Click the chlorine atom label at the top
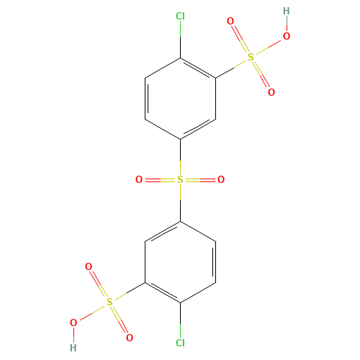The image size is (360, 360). point(180,17)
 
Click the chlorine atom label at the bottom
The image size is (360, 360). point(180,343)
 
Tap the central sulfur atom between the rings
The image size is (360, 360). point(180,179)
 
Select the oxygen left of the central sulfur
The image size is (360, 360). point(139,179)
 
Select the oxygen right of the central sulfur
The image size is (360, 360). point(221,179)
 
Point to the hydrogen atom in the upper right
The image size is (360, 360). point(287,11)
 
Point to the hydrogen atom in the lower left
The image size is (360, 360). point(73,348)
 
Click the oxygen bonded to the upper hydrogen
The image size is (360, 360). point(287,36)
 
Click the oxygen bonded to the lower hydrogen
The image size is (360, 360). point(73,323)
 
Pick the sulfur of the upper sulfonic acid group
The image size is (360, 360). point(251,57)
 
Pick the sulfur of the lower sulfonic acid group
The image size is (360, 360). point(109,302)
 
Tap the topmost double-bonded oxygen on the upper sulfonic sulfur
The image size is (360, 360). point(230,21)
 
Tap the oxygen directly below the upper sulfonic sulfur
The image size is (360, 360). point(271,92)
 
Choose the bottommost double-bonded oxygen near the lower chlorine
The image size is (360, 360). point(130,338)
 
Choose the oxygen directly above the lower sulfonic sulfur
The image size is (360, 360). point(89,266)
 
